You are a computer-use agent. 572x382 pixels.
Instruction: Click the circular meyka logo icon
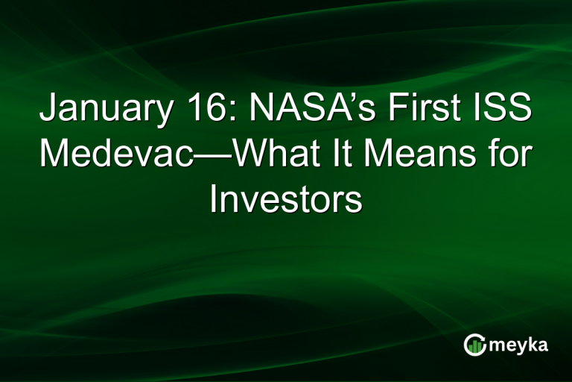[474, 344]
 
